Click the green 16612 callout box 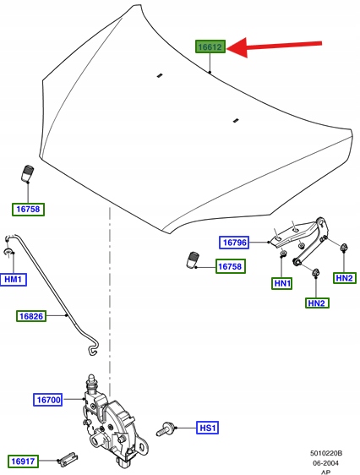click(x=210, y=46)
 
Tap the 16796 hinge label click(x=234, y=243)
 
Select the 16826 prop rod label click(x=31, y=316)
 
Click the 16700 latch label click(x=48, y=400)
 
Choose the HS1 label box click(x=207, y=428)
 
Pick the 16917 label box click(x=23, y=461)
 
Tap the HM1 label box click(x=14, y=279)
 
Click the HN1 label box click(x=282, y=283)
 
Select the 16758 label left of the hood click(x=28, y=210)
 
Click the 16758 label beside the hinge click(x=231, y=266)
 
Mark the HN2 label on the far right click(x=345, y=278)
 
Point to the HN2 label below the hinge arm click(x=317, y=303)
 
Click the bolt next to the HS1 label click(x=165, y=429)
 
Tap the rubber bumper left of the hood click(x=27, y=174)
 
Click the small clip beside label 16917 click(x=68, y=459)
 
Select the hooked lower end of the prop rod click(x=93, y=347)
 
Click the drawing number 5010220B click(x=326, y=453)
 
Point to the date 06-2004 click(x=325, y=463)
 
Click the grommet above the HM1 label click(x=8, y=251)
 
